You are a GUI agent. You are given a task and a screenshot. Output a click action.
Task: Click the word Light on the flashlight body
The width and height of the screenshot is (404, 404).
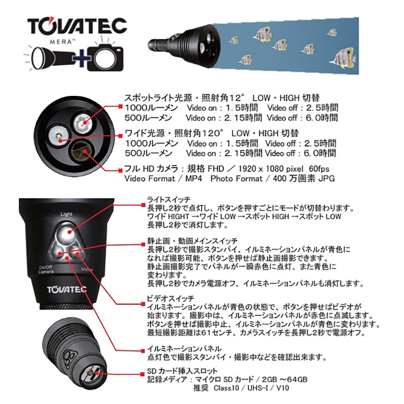(67, 214)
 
